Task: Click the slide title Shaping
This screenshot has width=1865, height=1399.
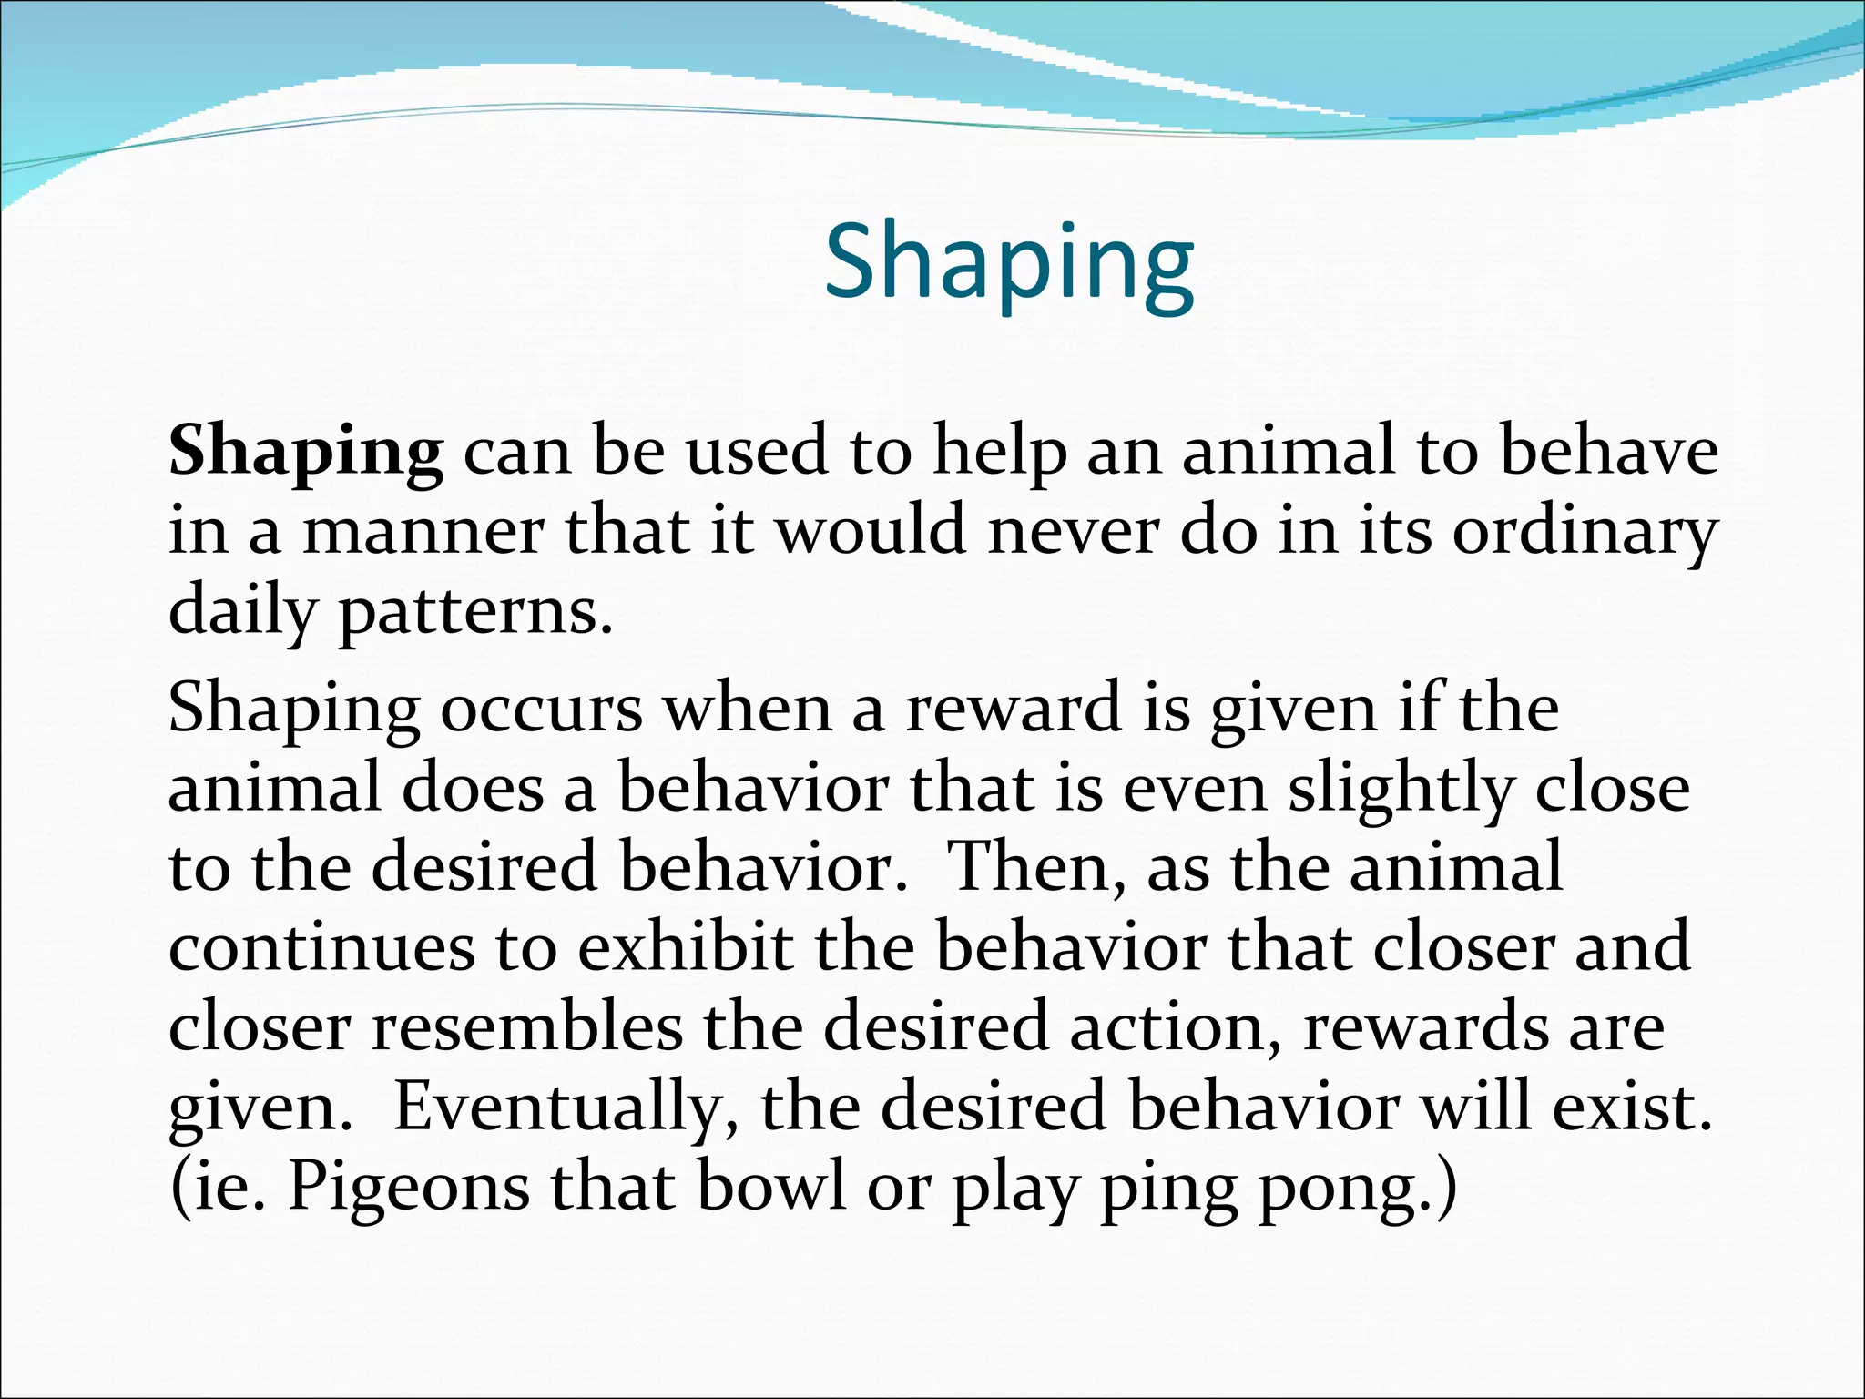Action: click(1009, 263)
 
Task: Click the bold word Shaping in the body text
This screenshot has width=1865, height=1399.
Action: click(306, 453)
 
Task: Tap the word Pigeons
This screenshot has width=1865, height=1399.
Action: click(409, 1189)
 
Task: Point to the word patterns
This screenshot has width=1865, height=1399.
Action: click(475, 613)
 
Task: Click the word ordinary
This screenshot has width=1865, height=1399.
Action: click(1584, 533)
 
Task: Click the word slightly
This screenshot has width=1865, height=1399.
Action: click(1399, 790)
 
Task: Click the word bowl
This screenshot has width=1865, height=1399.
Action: click(771, 1189)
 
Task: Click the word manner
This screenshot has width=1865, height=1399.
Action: click(423, 533)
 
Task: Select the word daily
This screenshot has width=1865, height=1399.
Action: click(241, 613)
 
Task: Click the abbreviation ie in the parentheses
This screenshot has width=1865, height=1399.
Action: click(228, 1189)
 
